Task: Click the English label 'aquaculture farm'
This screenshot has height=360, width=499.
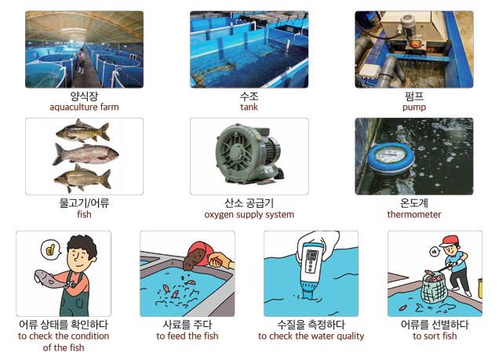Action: point(84,107)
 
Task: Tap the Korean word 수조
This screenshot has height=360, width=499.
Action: point(249,96)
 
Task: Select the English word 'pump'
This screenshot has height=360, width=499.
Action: point(414,107)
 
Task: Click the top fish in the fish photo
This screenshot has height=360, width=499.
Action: point(83,131)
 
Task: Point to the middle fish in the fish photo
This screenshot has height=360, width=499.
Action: point(86,155)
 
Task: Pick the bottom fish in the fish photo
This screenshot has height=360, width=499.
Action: point(82,178)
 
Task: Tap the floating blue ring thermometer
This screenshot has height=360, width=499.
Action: point(391,158)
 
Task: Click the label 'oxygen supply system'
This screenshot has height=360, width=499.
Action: point(249,215)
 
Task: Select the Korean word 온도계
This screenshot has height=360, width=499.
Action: point(414,203)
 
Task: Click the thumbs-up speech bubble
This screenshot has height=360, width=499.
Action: point(51,250)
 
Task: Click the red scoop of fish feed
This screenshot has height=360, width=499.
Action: point(198,253)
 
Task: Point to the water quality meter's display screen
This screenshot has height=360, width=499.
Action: point(313,256)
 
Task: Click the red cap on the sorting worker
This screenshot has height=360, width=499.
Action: point(450,241)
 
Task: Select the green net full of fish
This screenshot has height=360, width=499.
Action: point(434,288)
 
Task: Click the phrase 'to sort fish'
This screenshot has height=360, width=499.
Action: point(435,336)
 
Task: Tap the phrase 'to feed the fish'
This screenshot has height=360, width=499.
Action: point(188,336)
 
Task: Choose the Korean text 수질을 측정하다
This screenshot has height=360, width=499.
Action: point(311,325)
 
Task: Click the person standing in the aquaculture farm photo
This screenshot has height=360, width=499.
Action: point(81,61)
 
